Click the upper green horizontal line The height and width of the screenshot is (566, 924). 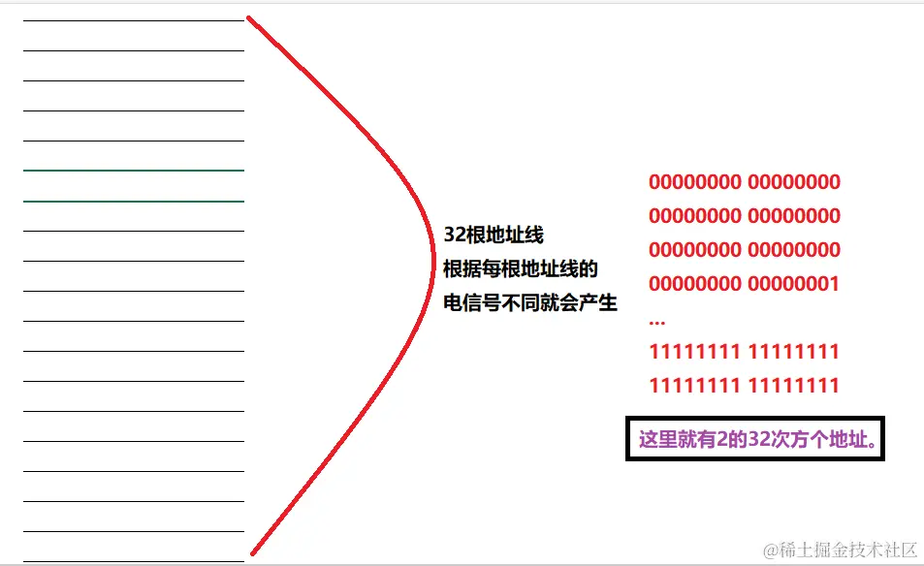pyautogui.click(x=134, y=171)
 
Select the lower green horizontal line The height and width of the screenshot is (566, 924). pyautogui.click(x=134, y=201)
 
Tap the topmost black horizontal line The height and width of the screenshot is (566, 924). pyautogui.click(x=134, y=20)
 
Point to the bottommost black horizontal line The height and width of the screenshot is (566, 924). pyautogui.click(x=134, y=561)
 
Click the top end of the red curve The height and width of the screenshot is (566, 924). pyautogui.click(x=249, y=17)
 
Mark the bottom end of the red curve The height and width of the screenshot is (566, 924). pyautogui.click(x=252, y=553)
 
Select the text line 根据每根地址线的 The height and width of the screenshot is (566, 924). pyautogui.click(x=521, y=268)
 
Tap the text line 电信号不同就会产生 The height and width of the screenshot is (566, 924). pyautogui.click(x=530, y=302)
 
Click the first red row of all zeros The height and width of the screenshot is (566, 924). pyautogui.click(x=745, y=182)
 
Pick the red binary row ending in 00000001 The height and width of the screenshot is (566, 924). pyautogui.click(x=745, y=284)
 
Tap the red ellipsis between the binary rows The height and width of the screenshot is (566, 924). pyautogui.click(x=657, y=319)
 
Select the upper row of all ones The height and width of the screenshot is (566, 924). pyautogui.click(x=745, y=351)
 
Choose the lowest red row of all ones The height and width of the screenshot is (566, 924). pyautogui.click(x=745, y=386)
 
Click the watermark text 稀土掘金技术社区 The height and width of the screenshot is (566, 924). pyautogui.click(x=840, y=550)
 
